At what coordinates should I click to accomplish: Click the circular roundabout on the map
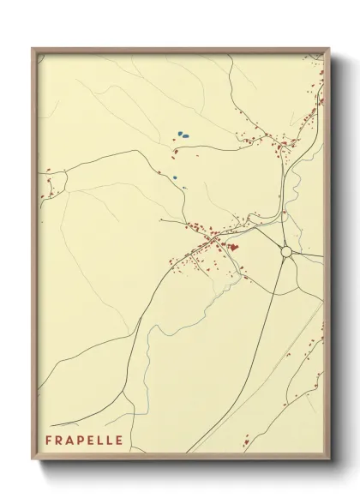286,252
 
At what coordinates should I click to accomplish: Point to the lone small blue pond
175,178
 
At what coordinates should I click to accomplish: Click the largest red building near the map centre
232,247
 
